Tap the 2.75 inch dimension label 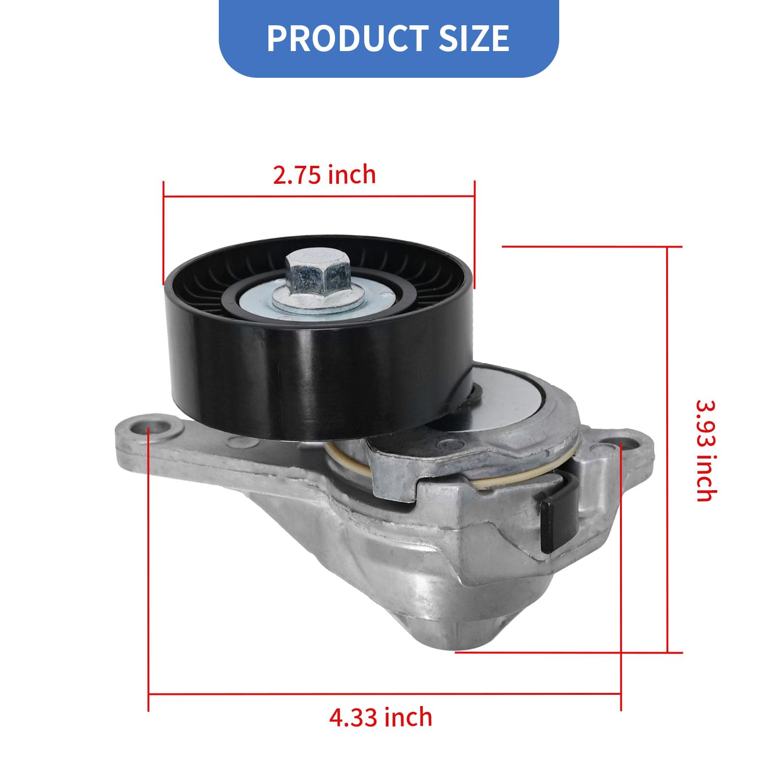(x=324, y=175)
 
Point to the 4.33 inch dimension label (x=381, y=717)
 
